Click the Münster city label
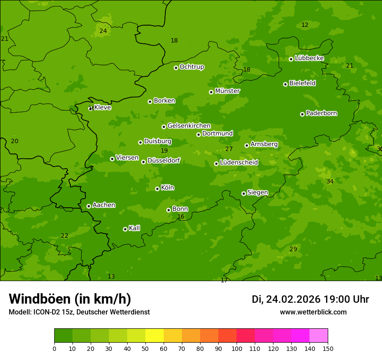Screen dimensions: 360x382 click(227, 91)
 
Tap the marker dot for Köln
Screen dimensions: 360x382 click(157, 189)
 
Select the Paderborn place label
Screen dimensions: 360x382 click(321, 113)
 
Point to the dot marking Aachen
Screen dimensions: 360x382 click(89, 206)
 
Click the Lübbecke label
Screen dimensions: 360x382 click(309, 58)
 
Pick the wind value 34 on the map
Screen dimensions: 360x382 click(330, 181)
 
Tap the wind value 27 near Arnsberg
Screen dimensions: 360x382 click(229, 149)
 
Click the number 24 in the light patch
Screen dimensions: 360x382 click(103, 31)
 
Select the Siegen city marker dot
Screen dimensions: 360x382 click(244, 193)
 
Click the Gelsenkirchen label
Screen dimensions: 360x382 click(189, 126)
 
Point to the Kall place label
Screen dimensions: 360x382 click(134, 228)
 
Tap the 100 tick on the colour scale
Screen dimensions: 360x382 click(237, 348)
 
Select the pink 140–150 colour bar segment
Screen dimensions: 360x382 click(319, 336)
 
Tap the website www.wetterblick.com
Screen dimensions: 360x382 click(313, 312)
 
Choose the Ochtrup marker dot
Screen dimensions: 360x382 click(176, 68)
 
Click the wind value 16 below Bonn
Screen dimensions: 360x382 click(181, 216)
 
